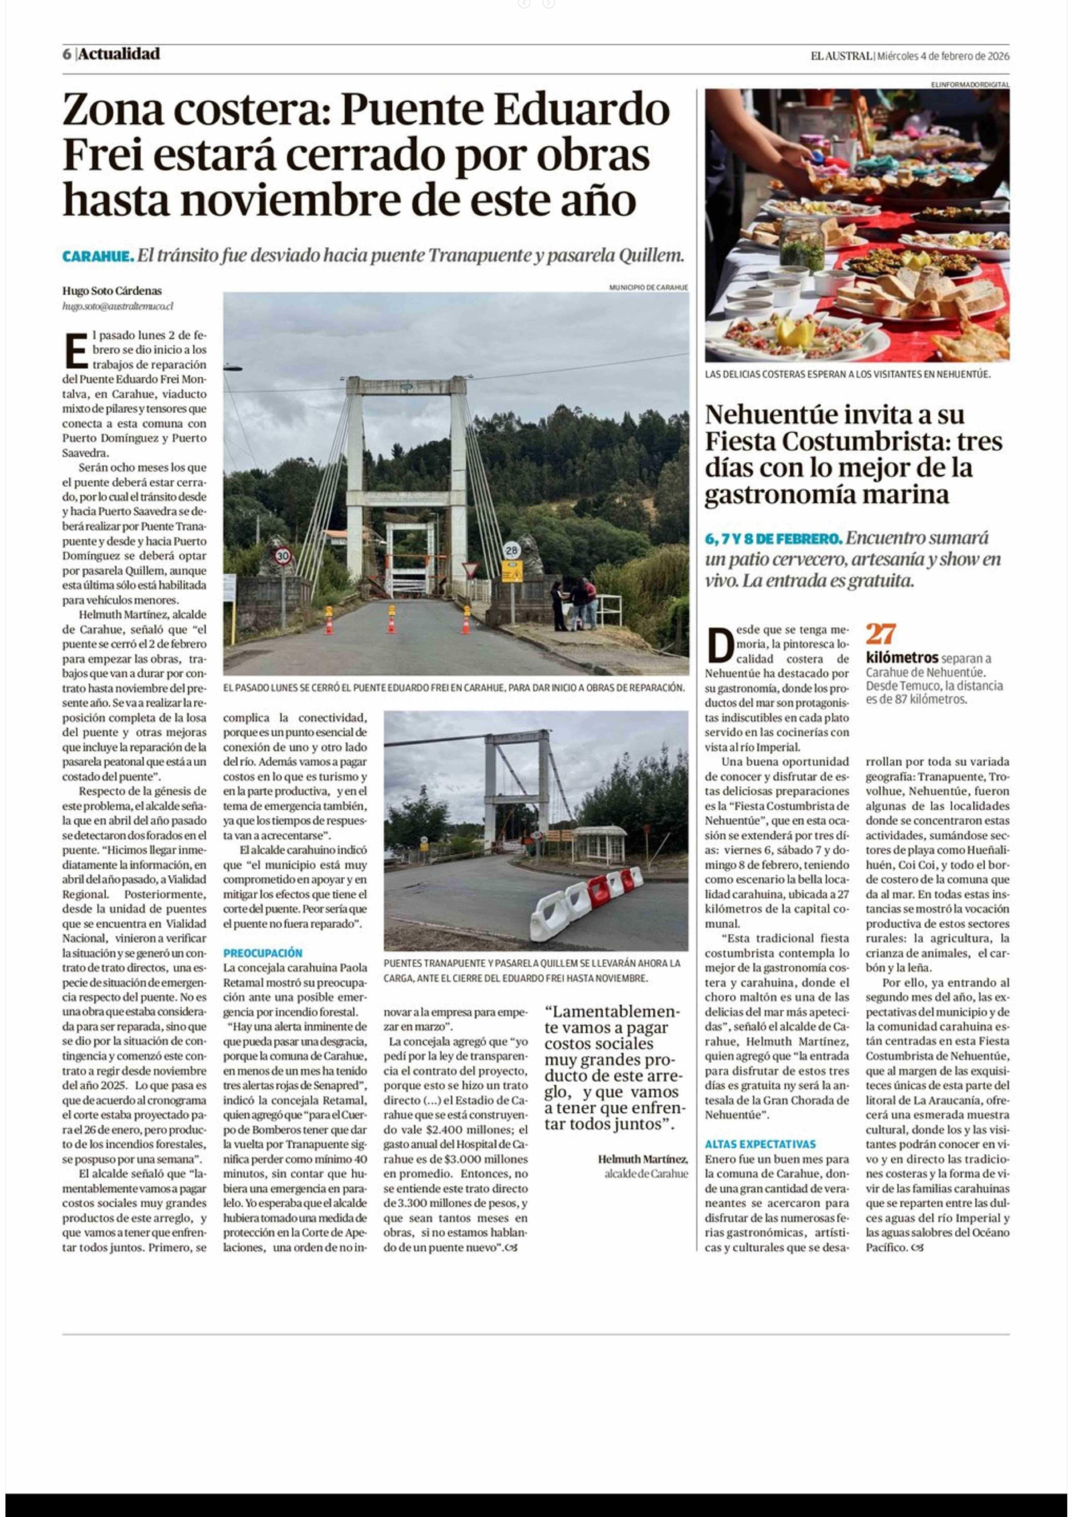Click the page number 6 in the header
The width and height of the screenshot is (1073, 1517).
(x=67, y=54)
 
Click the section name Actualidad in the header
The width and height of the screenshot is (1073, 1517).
(x=119, y=54)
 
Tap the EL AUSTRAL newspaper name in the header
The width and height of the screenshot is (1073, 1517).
(x=841, y=56)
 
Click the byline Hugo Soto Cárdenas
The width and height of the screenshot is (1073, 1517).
(x=112, y=291)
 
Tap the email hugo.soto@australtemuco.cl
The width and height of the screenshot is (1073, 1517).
(x=118, y=306)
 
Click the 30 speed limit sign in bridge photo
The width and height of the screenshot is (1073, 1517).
(x=283, y=556)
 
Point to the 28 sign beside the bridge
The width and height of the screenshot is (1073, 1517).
(x=511, y=550)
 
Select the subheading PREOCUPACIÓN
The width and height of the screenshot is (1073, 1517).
(x=262, y=953)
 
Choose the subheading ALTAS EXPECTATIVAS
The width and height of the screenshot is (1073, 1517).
(x=760, y=1144)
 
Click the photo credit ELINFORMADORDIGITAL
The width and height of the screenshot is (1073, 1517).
(x=970, y=85)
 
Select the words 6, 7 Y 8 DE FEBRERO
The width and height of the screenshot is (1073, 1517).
(x=773, y=539)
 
